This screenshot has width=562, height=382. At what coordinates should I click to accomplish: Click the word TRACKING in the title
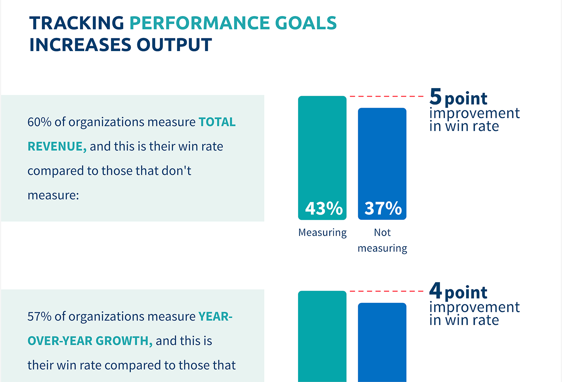(x=77, y=23)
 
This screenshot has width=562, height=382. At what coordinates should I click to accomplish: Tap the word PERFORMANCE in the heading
(x=199, y=23)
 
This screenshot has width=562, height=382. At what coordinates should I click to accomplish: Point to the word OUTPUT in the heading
(x=174, y=45)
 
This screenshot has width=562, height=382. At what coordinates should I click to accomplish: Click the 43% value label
(x=324, y=208)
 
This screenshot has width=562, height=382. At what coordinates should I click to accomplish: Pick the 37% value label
(x=383, y=208)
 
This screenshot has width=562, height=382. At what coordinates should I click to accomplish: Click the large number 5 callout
(x=435, y=96)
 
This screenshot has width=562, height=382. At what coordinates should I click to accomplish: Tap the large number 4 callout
(x=435, y=291)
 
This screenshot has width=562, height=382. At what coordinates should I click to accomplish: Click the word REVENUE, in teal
(x=57, y=146)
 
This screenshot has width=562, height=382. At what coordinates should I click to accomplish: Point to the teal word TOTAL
(x=217, y=122)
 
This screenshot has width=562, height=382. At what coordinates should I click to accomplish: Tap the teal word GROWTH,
(x=124, y=341)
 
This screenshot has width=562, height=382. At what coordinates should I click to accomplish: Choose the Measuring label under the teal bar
(x=322, y=233)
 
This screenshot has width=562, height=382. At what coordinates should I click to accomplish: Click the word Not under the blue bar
(x=382, y=233)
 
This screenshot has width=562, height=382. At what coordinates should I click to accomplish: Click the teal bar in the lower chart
(x=322, y=338)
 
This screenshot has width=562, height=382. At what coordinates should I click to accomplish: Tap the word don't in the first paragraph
(x=176, y=171)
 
